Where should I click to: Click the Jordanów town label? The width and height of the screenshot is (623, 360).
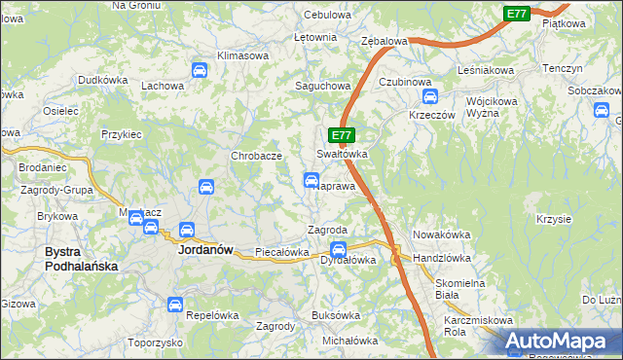pyautogui.click(x=205, y=249)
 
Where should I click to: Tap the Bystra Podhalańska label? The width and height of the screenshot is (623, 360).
pyautogui.click(x=82, y=258)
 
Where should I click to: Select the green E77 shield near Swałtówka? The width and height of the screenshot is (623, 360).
pyautogui.click(x=342, y=136)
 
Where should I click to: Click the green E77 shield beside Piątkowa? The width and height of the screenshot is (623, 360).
pyautogui.click(x=517, y=14)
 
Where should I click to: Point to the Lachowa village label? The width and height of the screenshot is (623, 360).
pyautogui.click(x=163, y=86)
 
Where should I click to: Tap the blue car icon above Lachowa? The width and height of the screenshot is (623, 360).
pyautogui.click(x=200, y=70)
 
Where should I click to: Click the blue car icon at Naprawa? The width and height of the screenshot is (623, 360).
pyautogui.click(x=311, y=180)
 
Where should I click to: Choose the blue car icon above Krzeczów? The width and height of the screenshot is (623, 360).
pyautogui.click(x=430, y=96)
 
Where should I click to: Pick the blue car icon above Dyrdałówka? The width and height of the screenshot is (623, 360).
pyautogui.click(x=338, y=248)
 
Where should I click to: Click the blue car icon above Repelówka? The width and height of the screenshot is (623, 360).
pyautogui.click(x=175, y=305)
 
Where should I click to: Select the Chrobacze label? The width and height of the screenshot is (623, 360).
pyautogui.click(x=256, y=156)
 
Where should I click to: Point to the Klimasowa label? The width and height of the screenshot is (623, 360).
pyautogui.click(x=242, y=55)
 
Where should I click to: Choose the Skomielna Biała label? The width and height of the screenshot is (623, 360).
pyautogui.click(x=447, y=288)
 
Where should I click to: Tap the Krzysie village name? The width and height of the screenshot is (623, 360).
pyautogui.click(x=553, y=219)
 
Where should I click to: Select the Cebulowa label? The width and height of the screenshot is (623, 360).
pyautogui.click(x=326, y=16)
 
